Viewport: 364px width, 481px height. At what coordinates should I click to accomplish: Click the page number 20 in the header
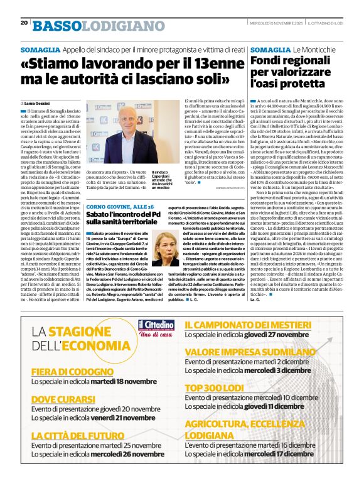coord(24,23)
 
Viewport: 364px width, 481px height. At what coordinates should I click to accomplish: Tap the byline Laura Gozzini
coord(38,103)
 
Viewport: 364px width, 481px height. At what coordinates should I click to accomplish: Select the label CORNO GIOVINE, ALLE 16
coord(119,206)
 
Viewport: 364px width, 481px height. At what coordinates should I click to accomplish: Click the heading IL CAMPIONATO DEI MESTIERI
coord(257,325)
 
